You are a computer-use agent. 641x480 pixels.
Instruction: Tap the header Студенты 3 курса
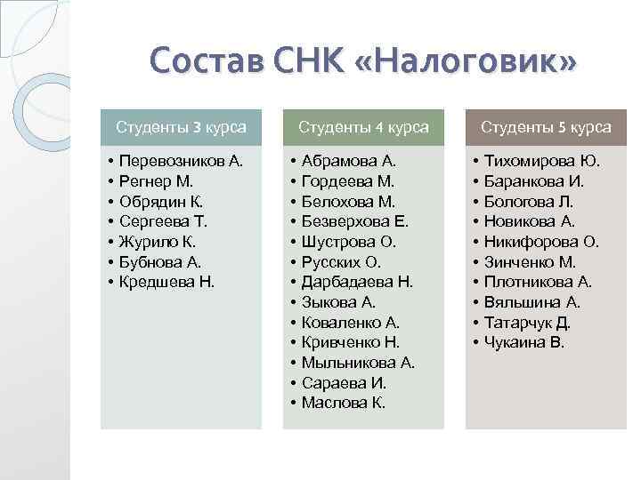pos(181,127)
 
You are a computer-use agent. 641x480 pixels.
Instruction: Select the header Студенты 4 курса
pos(363,127)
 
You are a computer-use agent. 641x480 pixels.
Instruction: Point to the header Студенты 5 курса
pos(546,127)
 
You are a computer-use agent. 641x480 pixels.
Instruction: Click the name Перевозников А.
pos(180,161)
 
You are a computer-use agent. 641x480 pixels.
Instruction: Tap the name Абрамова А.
pos(348,161)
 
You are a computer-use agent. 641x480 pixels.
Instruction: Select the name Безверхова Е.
pos(354,221)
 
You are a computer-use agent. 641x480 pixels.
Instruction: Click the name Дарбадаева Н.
pos(357,282)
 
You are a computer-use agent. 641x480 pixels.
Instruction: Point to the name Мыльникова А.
pos(358,363)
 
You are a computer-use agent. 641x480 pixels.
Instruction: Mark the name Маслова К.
pos(343,403)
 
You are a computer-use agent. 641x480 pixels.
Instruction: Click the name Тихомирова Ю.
pos(541,161)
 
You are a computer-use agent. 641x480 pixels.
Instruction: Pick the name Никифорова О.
pos(541,242)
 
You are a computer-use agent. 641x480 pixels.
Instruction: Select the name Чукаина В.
pos(524,342)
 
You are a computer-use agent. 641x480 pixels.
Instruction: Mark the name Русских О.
pos(341,261)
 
